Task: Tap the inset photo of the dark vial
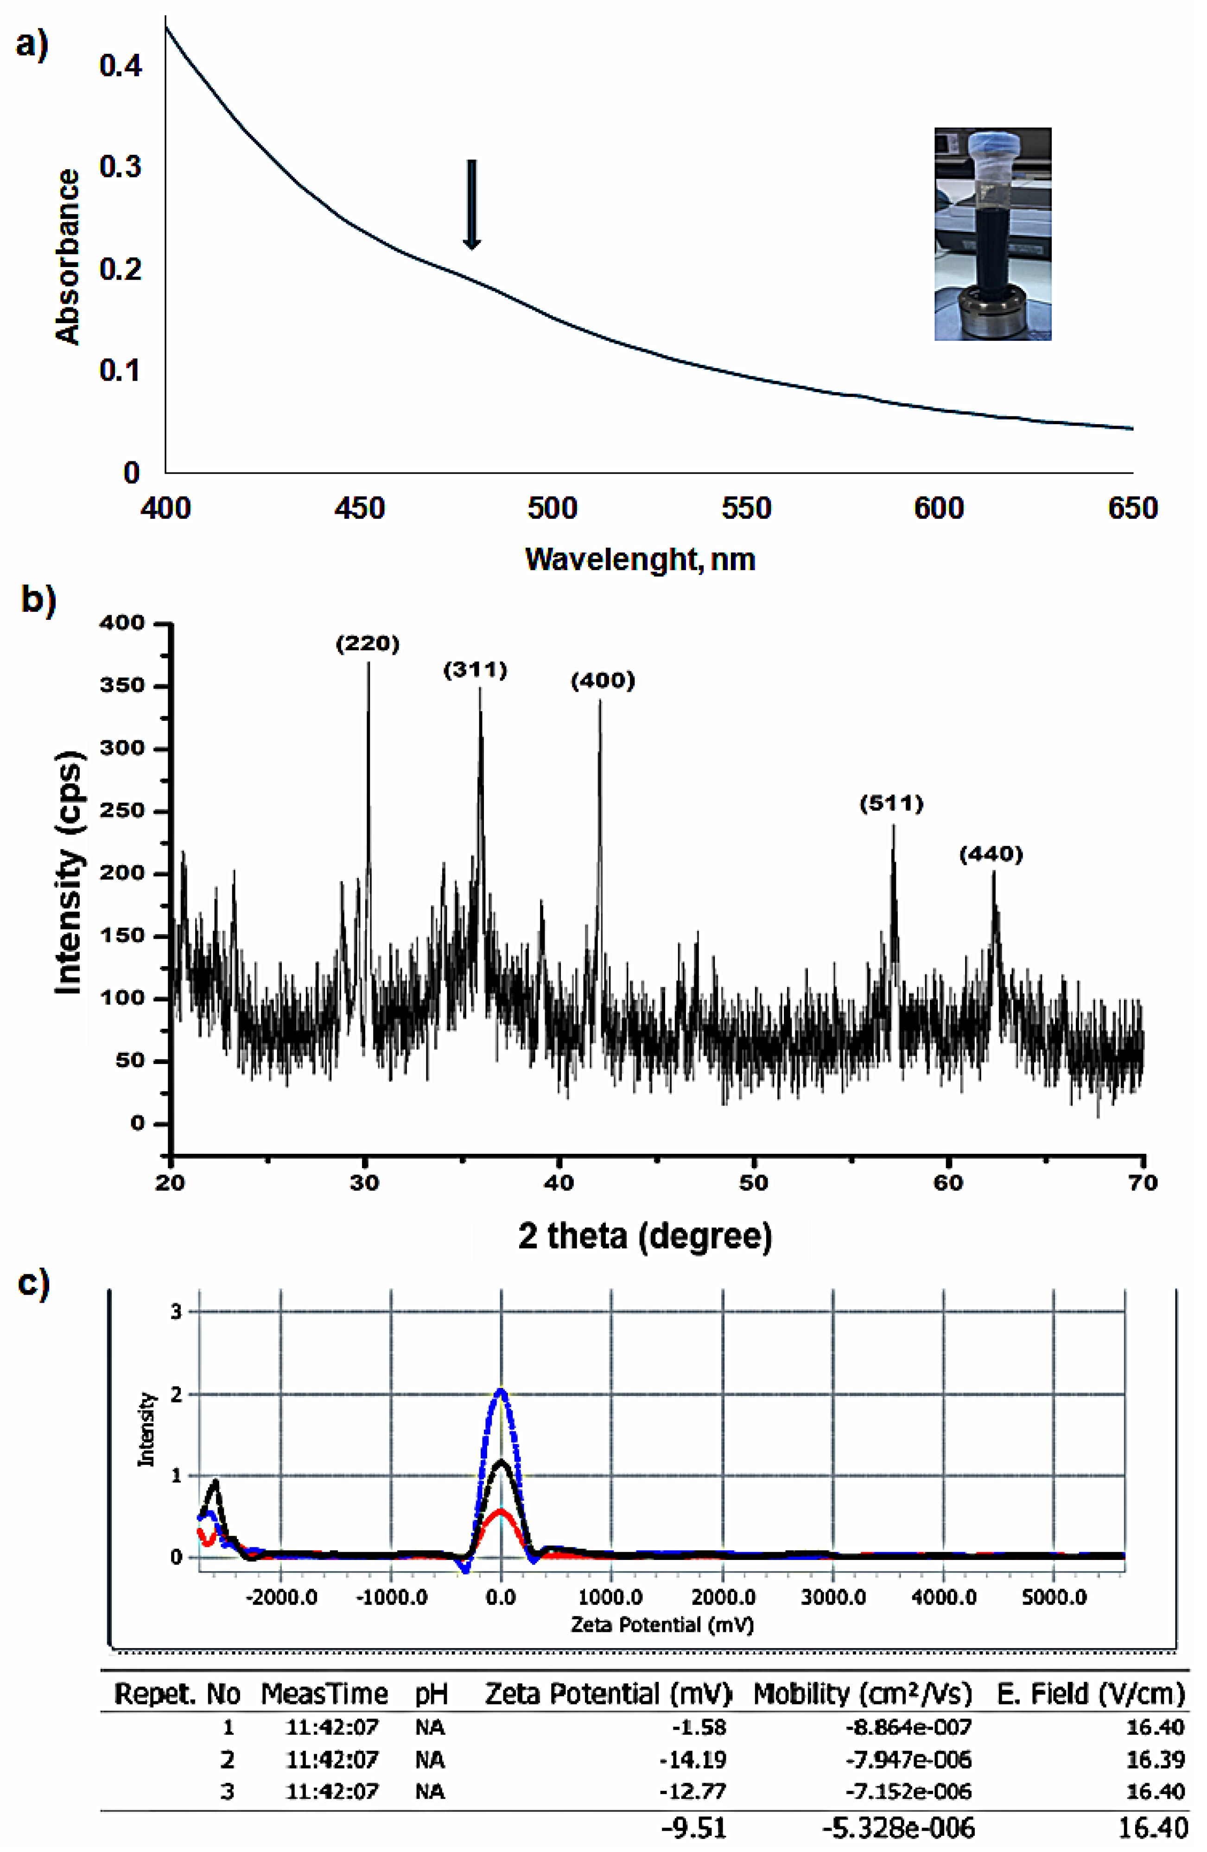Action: point(992,234)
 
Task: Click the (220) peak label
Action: point(367,643)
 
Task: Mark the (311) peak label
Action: point(476,669)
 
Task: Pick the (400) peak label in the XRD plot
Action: point(602,681)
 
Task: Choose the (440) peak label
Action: point(991,854)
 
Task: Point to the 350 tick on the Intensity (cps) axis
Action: point(122,686)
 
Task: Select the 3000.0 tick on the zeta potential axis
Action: point(833,1597)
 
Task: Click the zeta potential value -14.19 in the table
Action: point(692,1759)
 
